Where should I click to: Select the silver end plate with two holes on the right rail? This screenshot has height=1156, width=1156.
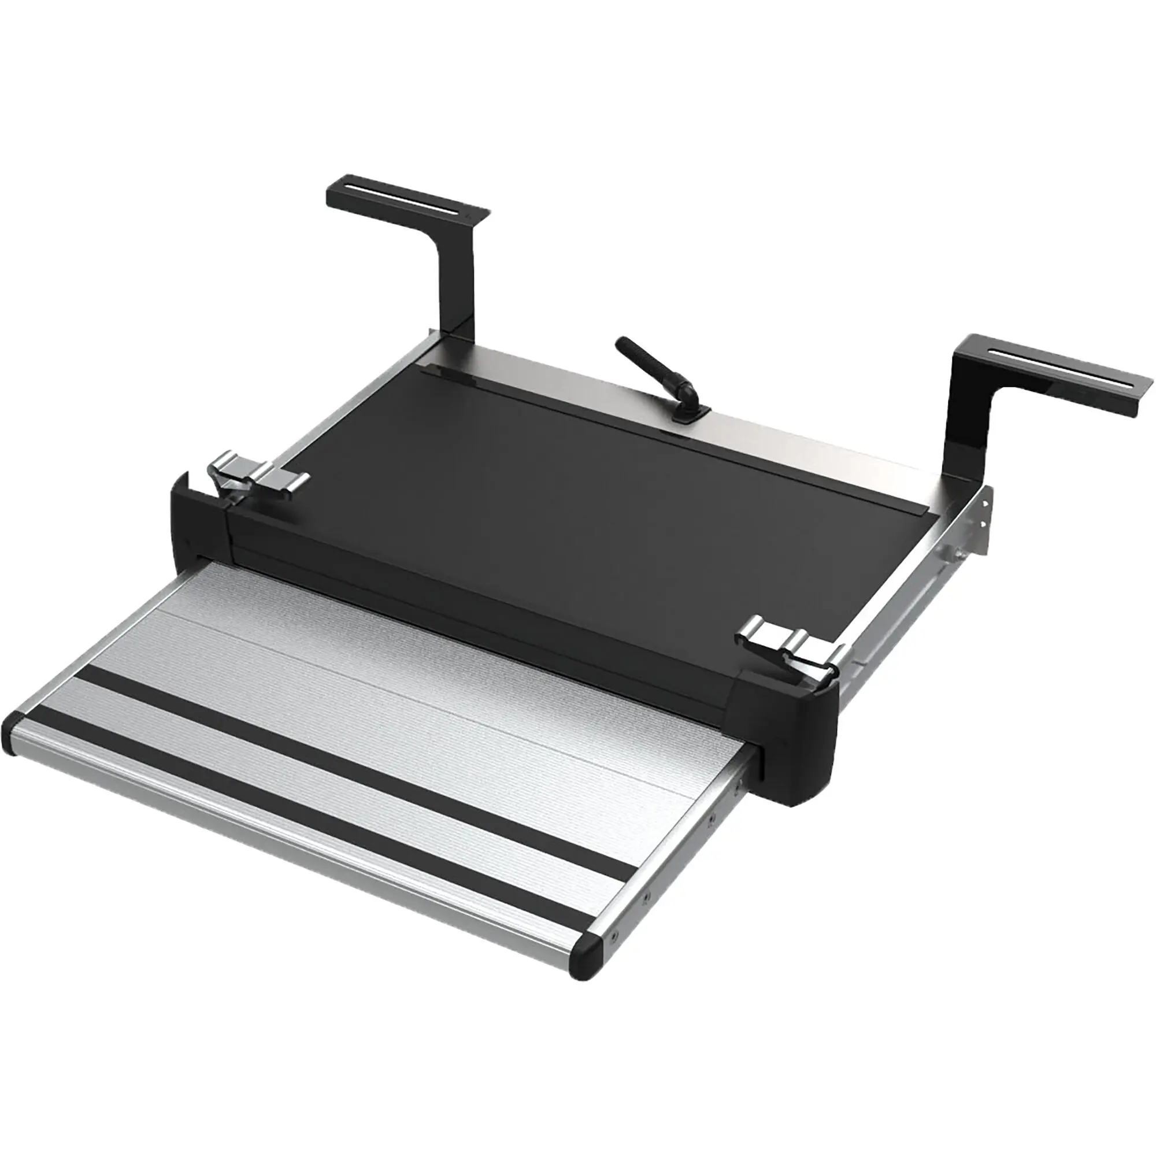click(x=981, y=527)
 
